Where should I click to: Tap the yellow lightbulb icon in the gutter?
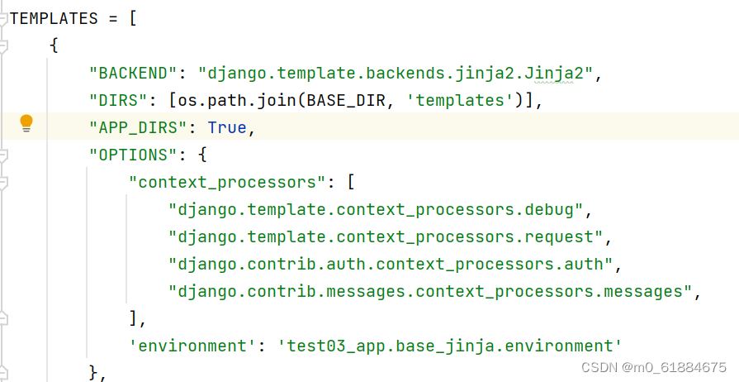26,124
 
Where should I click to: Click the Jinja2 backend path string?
400,73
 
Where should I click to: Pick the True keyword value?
226,127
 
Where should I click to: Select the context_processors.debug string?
376,209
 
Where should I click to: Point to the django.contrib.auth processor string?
391,264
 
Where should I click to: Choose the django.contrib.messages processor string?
429,291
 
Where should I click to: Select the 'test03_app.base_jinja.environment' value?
449,346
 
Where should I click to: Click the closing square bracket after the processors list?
133,318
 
